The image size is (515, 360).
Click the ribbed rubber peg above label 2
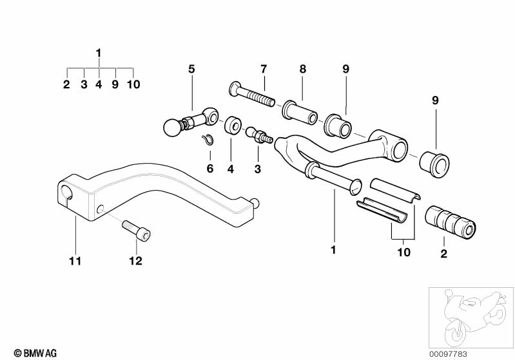(451, 222)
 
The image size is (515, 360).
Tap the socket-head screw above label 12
(136, 231)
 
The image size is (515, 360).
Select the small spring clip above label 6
(208, 140)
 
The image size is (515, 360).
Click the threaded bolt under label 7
(251, 94)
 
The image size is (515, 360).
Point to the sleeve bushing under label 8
(300, 113)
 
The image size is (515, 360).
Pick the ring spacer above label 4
(233, 125)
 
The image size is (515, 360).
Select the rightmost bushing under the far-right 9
(434, 164)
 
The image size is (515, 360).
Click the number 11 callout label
(75, 261)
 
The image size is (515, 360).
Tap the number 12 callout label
(135, 261)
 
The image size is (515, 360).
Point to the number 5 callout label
(191, 70)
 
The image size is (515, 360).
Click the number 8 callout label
(302, 69)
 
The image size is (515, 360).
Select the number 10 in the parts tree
(133, 84)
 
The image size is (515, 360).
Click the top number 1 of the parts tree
(99, 53)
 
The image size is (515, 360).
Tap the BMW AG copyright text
(35, 353)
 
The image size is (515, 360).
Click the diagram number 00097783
(448, 354)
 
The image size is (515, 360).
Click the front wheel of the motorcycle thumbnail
(455, 332)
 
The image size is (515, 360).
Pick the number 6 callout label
(210, 169)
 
